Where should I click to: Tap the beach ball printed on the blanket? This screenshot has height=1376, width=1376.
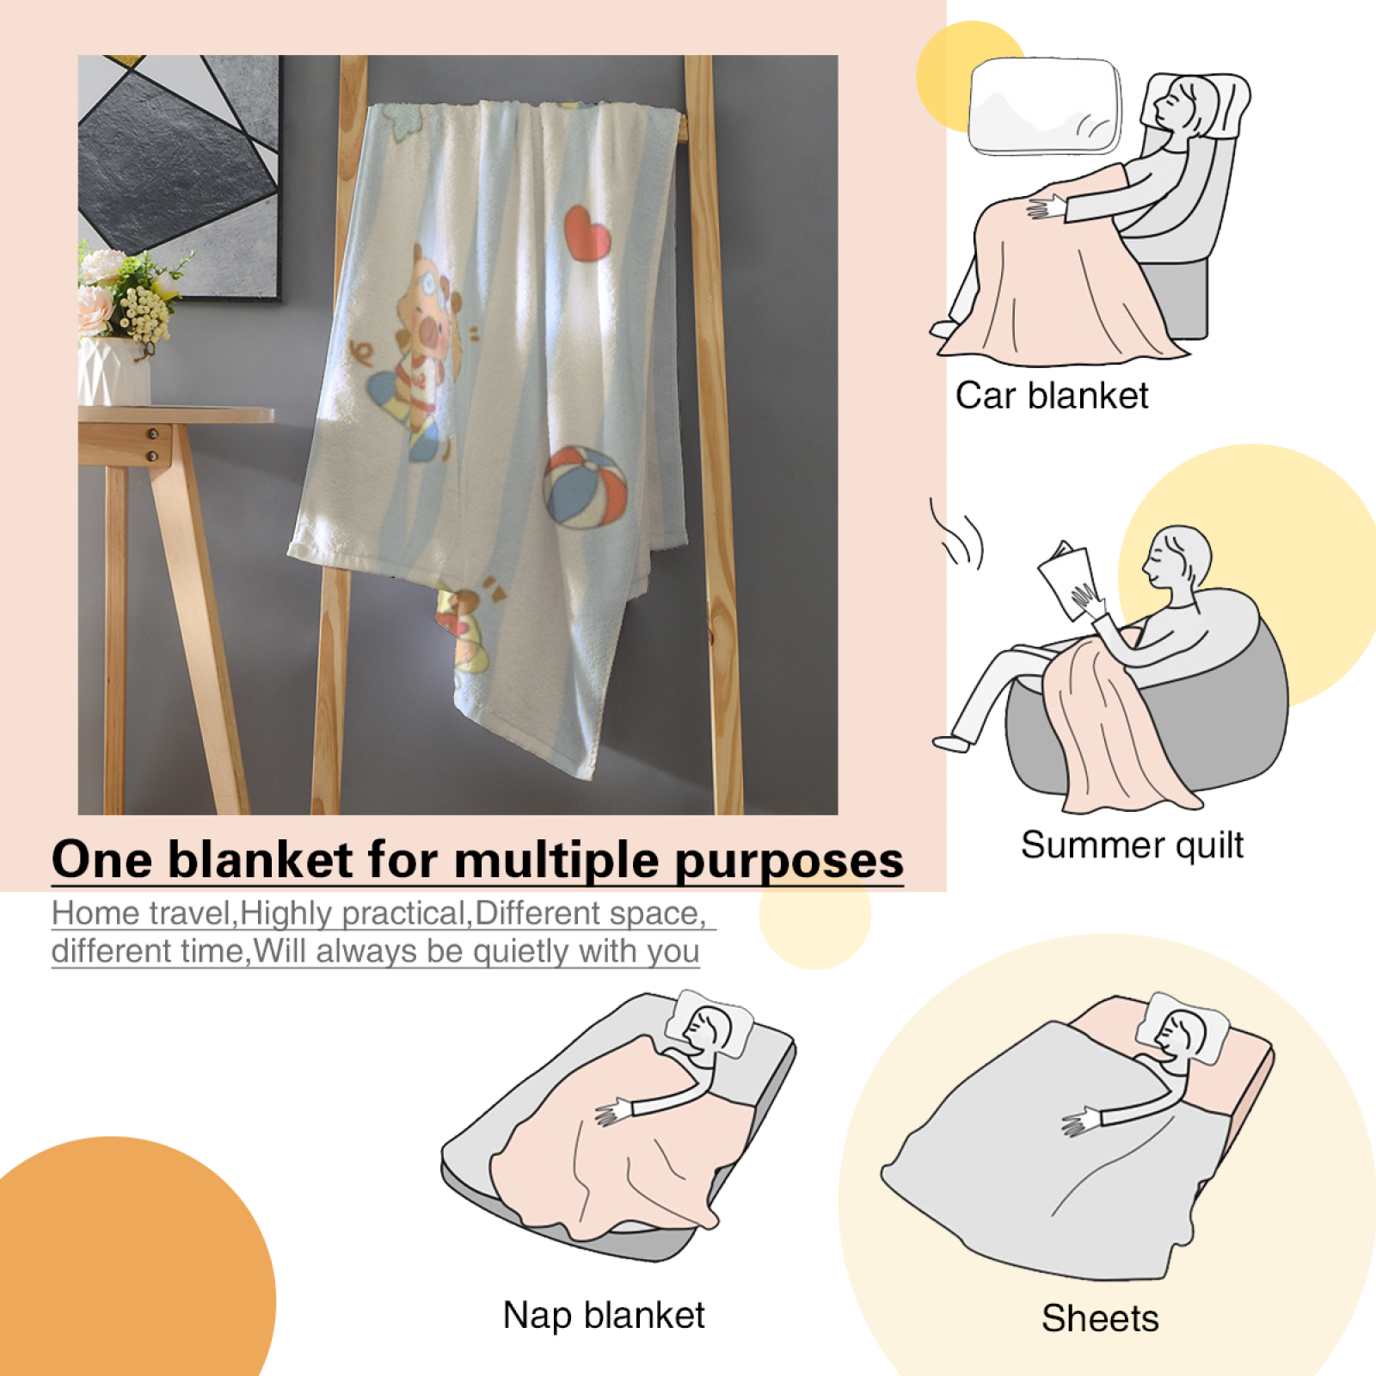click(x=585, y=486)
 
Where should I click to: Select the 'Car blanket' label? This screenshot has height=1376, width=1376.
click(x=1052, y=396)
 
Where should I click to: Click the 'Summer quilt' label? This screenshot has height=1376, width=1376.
click(x=1132, y=845)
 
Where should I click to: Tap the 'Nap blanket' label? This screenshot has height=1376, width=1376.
click(x=604, y=1315)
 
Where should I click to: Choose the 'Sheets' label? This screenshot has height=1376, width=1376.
click(x=1100, y=1318)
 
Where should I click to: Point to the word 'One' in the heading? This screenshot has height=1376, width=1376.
click(x=102, y=859)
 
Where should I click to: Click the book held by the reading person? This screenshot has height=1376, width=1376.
click(x=1067, y=579)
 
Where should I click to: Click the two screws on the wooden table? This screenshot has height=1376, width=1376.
click(x=152, y=444)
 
